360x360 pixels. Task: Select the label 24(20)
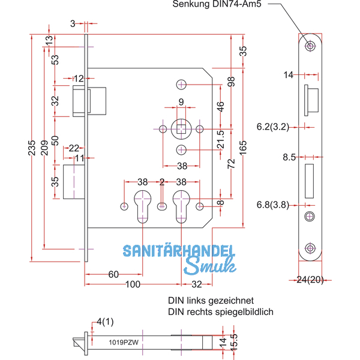click(310, 279)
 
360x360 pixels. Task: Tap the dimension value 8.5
click(289, 158)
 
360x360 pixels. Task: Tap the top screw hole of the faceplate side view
click(310, 46)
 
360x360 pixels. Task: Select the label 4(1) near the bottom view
click(104, 322)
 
